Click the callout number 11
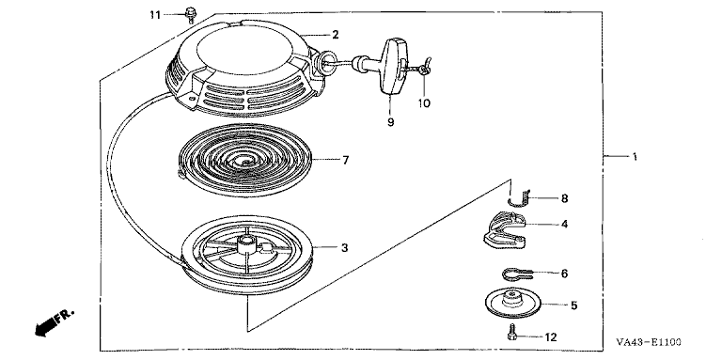coord(155,15)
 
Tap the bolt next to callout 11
coord(189,14)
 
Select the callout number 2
coord(336,35)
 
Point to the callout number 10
coord(424,103)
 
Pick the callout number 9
coord(390,122)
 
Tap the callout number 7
coord(345,160)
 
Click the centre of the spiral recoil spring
coord(245,161)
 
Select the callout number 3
coord(344,248)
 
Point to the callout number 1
coord(635,157)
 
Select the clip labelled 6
coord(517,274)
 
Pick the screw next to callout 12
coord(511,332)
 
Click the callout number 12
coord(550,337)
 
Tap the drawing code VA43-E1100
coord(649,342)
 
